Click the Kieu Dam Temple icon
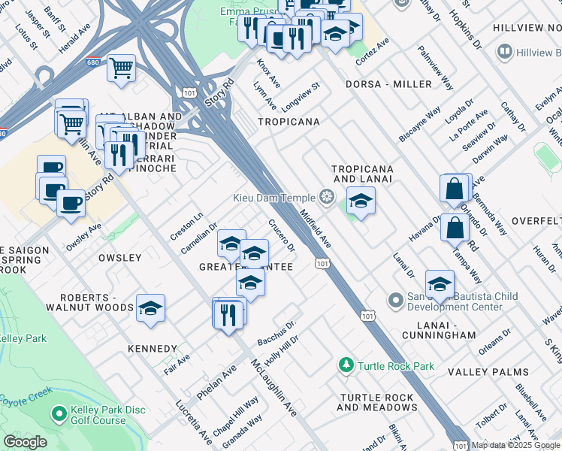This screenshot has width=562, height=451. point(326,198)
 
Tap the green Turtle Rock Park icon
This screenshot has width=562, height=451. point(346,366)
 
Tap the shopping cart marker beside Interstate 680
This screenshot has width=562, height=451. point(121,68)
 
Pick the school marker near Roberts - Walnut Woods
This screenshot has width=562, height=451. point(150,308)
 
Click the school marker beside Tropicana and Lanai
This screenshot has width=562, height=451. point(361,201)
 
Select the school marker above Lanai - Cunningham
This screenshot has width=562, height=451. point(440,284)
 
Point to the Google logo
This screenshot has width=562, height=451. point(25,442)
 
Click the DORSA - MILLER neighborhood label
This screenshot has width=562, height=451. point(388,84)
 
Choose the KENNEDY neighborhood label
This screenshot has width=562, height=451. point(153,349)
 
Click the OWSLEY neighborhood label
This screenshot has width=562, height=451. point(119,258)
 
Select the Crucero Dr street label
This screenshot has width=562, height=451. point(282,235)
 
